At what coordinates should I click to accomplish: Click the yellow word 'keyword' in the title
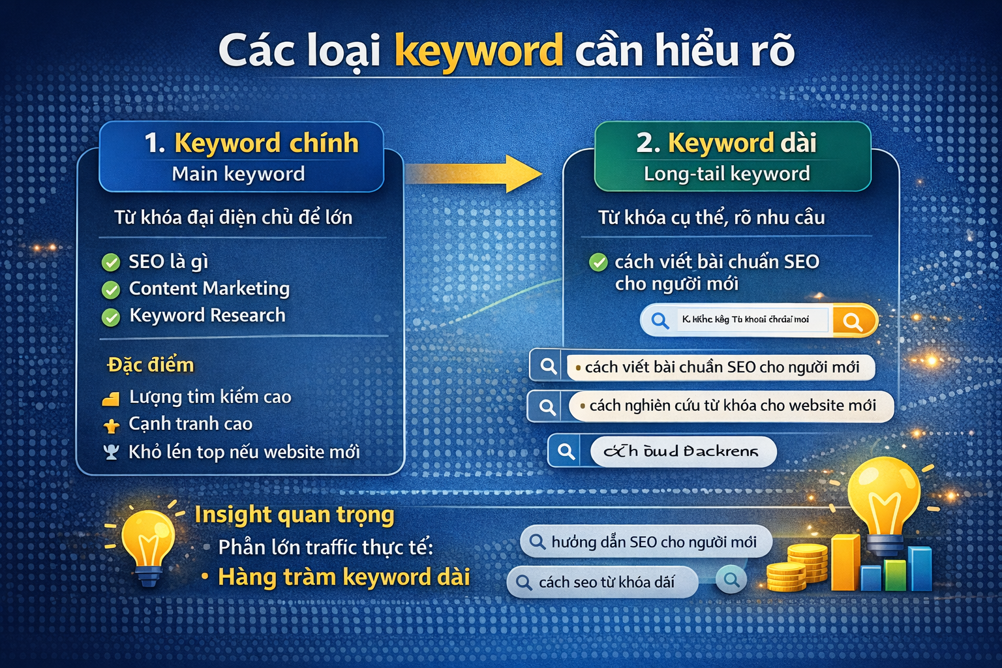[478, 51]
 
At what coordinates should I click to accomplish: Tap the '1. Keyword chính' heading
[251, 143]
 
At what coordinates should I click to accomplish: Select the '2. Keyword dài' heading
[726, 143]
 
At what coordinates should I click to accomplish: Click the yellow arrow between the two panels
[476, 174]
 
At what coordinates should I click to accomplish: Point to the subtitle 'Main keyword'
[238, 174]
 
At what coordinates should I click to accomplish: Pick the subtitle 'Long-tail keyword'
[727, 174]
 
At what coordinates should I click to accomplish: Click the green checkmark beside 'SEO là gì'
[111, 263]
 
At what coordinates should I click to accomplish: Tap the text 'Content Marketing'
[209, 288]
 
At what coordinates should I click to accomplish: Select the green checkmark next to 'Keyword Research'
[111, 317]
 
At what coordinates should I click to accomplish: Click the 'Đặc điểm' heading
[151, 365]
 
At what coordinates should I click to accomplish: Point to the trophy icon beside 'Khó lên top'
[111, 452]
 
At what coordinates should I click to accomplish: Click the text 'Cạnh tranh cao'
[190, 424]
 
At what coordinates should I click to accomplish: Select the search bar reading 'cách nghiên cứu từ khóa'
[731, 406]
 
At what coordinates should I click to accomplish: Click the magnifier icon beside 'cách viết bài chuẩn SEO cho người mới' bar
[549, 367]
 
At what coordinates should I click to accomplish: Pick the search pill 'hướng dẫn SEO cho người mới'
[646, 542]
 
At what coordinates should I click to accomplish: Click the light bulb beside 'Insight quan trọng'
[149, 541]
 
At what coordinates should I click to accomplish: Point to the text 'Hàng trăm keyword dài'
[344, 577]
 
